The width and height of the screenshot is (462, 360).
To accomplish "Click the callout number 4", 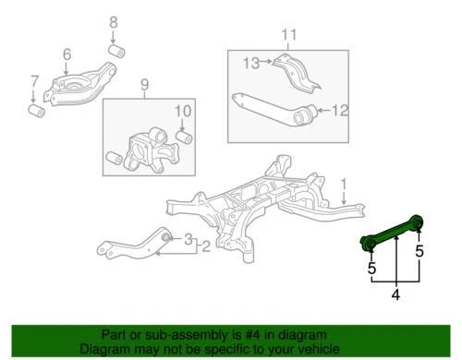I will point(395,295).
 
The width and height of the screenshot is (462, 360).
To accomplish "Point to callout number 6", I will point(67,55).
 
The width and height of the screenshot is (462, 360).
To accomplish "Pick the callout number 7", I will point(35,81).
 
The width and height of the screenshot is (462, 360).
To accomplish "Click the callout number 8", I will point(114,21).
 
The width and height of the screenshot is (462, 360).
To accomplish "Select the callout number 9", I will point(143,88).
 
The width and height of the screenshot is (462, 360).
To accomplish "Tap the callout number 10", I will point(182,113).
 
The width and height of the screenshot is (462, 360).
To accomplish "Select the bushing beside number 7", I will point(39,111).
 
